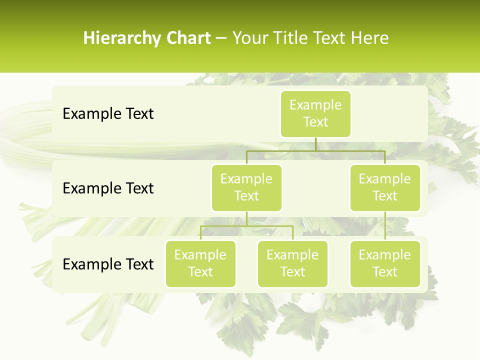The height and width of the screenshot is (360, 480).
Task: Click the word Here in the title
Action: [x=370, y=38]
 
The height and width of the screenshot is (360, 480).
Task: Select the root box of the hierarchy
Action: [x=315, y=113]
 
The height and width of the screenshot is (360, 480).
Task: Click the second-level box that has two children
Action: [x=246, y=187]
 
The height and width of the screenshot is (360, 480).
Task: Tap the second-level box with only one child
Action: [x=385, y=187]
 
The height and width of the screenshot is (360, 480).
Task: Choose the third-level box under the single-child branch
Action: [x=385, y=263]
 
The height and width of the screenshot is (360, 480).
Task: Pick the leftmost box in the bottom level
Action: [x=200, y=263]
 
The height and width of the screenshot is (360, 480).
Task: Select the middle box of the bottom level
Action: [x=292, y=263]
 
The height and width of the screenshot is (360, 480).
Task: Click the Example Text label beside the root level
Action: [x=108, y=113]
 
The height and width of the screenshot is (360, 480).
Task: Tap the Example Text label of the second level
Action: [x=108, y=188]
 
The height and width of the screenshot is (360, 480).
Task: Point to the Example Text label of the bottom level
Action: [x=108, y=264]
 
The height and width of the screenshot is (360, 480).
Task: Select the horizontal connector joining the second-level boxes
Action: [x=315, y=150]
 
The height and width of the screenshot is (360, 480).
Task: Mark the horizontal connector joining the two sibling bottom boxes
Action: [x=246, y=226]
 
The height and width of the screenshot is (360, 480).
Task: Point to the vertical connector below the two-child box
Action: [x=246, y=218]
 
